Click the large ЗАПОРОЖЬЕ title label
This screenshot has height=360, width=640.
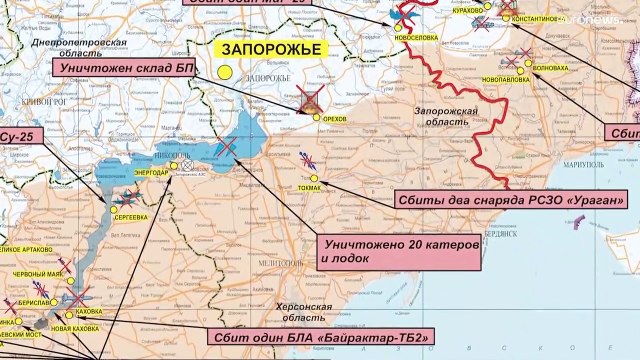click(257, 49)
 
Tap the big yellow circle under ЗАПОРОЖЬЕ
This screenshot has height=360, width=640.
click(226, 72)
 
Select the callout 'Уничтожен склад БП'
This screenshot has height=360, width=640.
click(121, 67)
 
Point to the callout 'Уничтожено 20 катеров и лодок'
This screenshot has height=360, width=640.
click(397, 251)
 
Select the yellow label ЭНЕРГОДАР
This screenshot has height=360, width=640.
click(151, 173)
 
